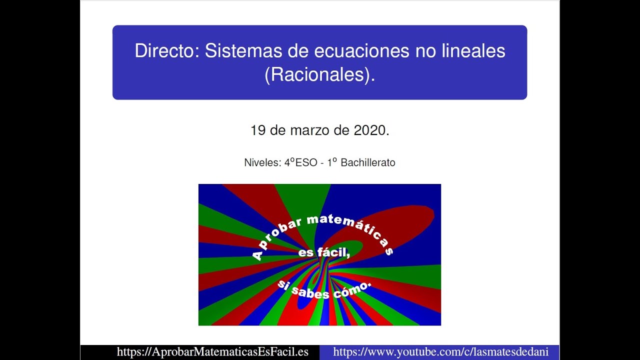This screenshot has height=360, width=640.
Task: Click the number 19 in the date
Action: [257, 131]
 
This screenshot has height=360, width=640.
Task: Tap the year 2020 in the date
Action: [371, 131]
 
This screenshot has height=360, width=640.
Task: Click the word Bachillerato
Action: [368, 163]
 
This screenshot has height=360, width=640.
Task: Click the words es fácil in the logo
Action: [323, 253]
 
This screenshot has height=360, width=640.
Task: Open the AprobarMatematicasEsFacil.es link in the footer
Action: [212, 352]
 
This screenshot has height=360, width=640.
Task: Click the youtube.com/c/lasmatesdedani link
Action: [440, 352]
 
